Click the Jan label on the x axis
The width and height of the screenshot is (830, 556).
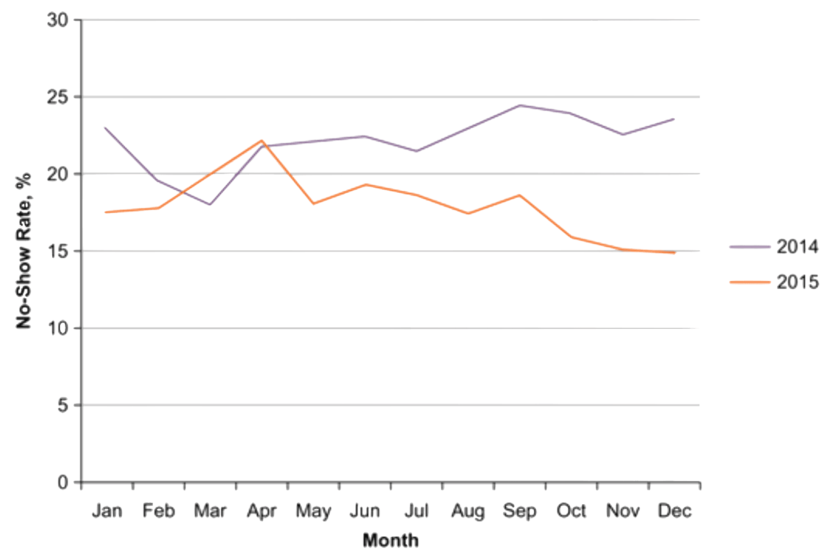click(x=107, y=511)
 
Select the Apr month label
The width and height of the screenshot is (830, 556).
click(x=262, y=511)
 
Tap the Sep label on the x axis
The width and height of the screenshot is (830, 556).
click(x=519, y=511)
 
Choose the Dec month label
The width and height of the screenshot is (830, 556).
click(x=675, y=511)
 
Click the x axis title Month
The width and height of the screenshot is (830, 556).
click(x=390, y=541)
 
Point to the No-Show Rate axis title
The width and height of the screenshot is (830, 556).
click(x=24, y=250)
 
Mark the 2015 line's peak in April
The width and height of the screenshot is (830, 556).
click(x=262, y=140)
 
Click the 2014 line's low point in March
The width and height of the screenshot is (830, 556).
click(x=210, y=205)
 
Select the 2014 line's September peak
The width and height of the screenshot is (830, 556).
click(x=520, y=105)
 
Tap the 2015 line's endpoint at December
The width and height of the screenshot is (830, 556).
click(x=674, y=253)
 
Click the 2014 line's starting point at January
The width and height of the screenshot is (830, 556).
click(x=105, y=127)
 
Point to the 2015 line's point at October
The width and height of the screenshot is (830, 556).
click(x=572, y=237)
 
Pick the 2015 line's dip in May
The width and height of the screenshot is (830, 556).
click(x=313, y=204)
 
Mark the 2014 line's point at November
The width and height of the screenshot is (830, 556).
click(x=623, y=135)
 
